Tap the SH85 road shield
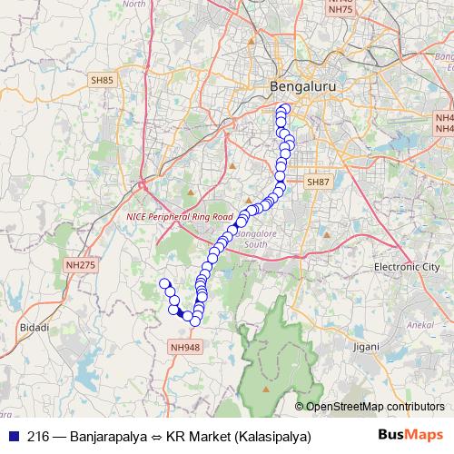click(102, 81)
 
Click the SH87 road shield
click(318, 157)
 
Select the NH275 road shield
click(80, 264)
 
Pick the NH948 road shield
click(184, 347)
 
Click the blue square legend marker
click(12, 437)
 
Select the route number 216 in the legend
click(37, 437)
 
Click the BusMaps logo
click(410, 435)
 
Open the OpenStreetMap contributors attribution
click(374, 406)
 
